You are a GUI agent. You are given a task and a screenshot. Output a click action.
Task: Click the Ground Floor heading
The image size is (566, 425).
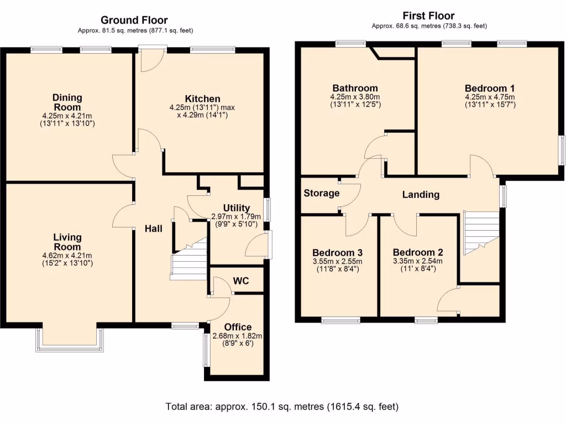pos(134,20)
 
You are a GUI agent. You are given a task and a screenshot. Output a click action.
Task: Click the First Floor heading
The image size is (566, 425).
pos(429,16)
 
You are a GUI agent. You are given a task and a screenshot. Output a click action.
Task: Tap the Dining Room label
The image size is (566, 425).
pos(67,102)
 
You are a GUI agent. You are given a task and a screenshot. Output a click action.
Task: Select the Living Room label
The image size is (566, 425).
pos(67,242)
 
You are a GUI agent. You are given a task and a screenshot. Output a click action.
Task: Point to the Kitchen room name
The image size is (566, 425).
pos(202,99)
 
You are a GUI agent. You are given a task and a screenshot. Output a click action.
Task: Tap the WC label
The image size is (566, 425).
pos(240,281)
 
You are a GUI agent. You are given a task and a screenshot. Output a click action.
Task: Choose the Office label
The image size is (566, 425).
pos(237,327)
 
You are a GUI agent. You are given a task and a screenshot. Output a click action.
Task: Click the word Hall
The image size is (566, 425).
pos(154,228)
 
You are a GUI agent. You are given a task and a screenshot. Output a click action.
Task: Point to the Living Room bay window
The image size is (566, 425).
pos(70,339)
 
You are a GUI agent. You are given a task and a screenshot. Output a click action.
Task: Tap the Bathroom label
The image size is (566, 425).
pos(355,88)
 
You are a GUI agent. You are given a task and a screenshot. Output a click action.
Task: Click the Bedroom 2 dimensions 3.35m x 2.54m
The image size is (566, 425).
pos(417,261)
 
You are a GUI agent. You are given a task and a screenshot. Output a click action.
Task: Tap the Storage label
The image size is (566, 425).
pos(321,193)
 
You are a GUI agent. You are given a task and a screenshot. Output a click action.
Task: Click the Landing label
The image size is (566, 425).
pos(421,194)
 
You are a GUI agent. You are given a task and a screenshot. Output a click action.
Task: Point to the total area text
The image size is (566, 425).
pos(282,407)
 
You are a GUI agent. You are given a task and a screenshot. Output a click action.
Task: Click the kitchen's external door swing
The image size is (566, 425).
pos(150,61)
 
